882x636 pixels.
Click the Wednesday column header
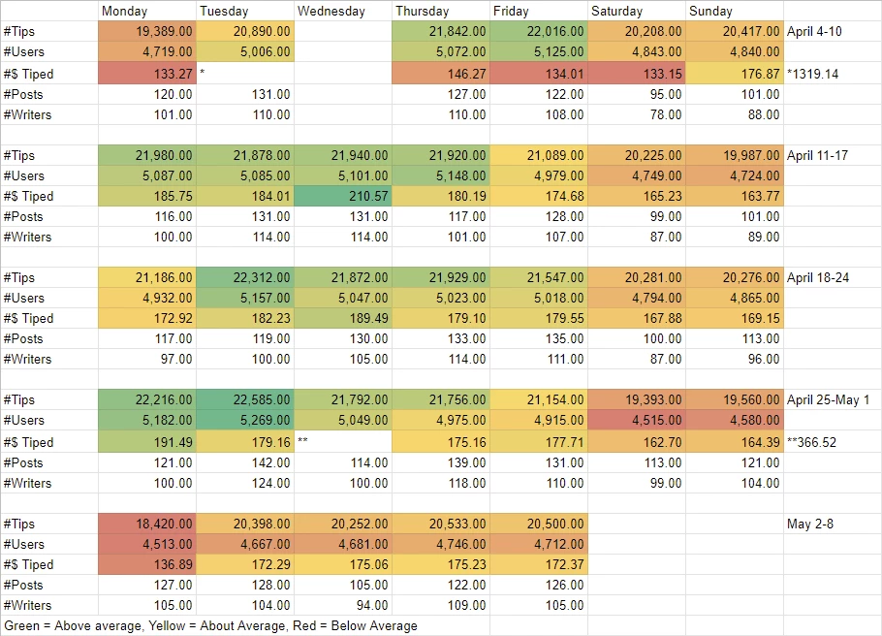(x=331, y=11)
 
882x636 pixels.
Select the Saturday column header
(x=616, y=11)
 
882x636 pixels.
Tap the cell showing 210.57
(x=342, y=196)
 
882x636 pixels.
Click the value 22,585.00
(x=244, y=399)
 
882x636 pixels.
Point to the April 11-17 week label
(x=817, y=155)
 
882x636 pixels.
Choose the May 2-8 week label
(x=810, y=524)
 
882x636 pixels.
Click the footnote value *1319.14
(x=812, y=74)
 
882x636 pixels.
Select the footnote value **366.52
(x=811, y=442)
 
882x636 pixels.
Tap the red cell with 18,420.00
(x=146, y=524)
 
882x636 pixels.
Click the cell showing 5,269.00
(x=244, y=420)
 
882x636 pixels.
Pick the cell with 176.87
(x=735, y=74)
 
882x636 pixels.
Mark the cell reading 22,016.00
(x=538, y=32)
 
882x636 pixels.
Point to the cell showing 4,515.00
(x=637, y=420)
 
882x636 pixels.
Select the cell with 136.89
(x=146, y=564)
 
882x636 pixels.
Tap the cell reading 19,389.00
(x=146, y=32)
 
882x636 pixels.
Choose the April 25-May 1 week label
(x=828, y=400)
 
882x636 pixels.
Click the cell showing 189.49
(x=342, y=318)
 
